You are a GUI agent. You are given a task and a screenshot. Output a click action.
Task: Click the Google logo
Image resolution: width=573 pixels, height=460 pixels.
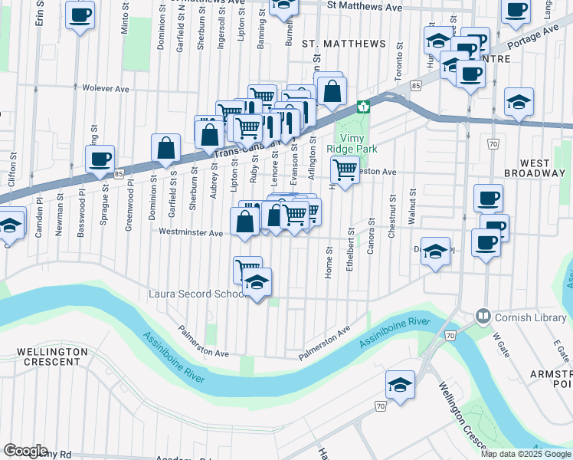(25, 451)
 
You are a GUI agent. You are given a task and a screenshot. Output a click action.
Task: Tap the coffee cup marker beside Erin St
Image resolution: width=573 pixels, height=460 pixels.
(80, 15)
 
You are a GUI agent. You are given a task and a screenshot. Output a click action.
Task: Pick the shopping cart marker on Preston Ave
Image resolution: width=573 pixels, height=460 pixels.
(345, 169)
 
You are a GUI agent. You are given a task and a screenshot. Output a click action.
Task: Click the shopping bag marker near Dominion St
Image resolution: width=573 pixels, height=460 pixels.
(165, 147)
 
